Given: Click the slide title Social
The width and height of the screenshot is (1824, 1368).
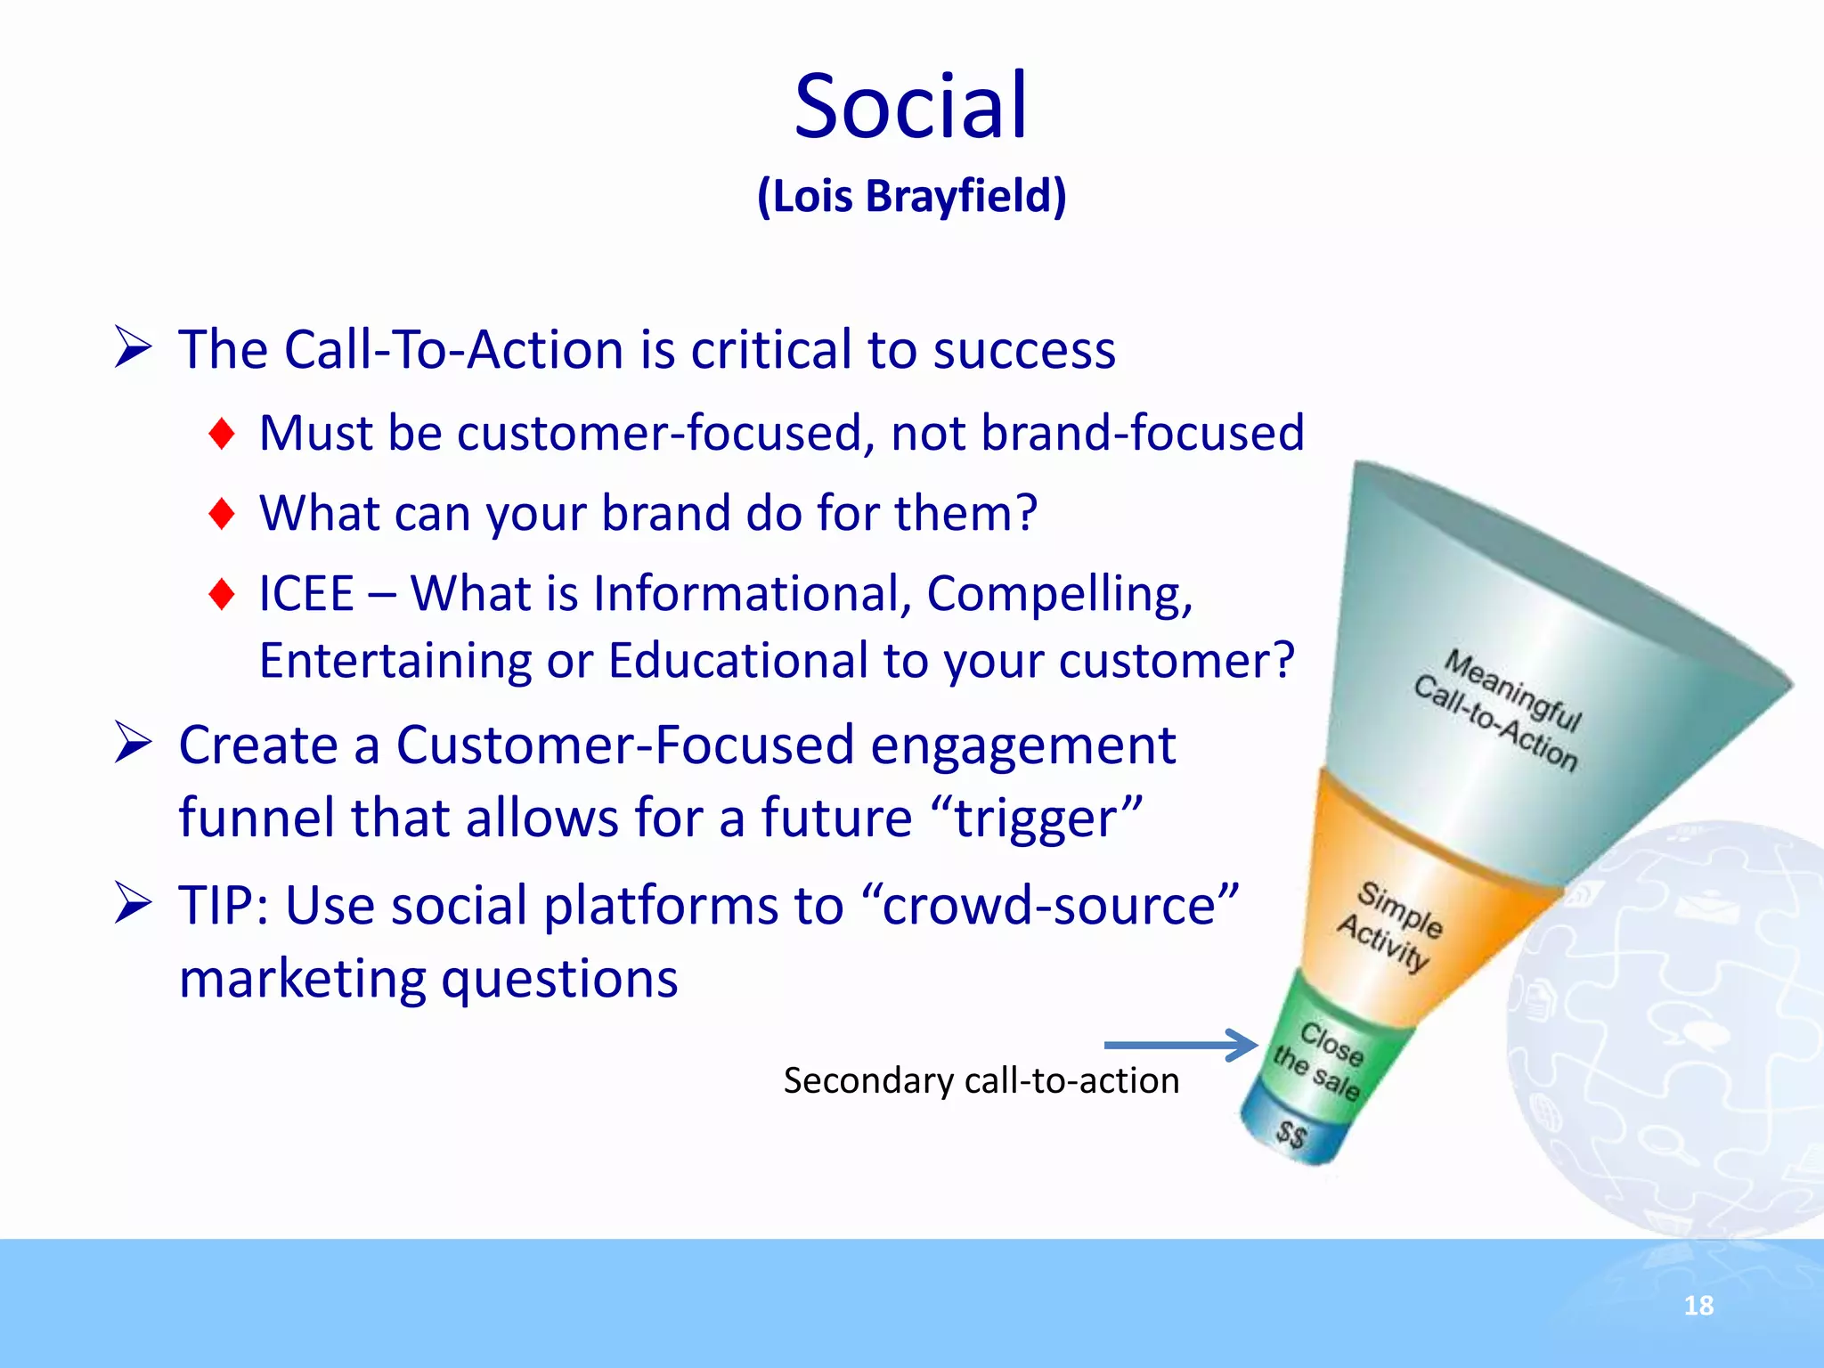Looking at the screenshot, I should [910, 107].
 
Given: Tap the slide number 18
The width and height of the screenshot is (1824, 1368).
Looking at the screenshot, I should [1698, 1306].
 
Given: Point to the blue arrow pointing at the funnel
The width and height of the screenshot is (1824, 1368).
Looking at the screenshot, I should [1180, 1045].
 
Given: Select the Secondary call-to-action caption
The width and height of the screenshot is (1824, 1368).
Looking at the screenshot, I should [981, 1081].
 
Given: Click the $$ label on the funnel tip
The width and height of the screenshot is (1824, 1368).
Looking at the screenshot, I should [1291, 1134].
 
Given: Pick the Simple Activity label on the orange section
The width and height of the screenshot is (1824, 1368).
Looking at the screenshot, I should [1389, 926].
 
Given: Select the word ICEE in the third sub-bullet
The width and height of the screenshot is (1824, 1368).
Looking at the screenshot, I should [306, 594].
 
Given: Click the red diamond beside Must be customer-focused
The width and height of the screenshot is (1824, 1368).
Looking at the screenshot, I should [221, 434].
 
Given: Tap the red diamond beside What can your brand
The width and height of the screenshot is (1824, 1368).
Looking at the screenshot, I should [221, 514].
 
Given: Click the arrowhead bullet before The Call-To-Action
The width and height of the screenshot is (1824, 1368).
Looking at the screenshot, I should [134, 348].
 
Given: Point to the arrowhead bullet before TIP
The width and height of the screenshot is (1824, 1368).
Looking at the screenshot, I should [134, 905].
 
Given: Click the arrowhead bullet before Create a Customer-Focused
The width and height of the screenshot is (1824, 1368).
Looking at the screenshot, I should [134, 745].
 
